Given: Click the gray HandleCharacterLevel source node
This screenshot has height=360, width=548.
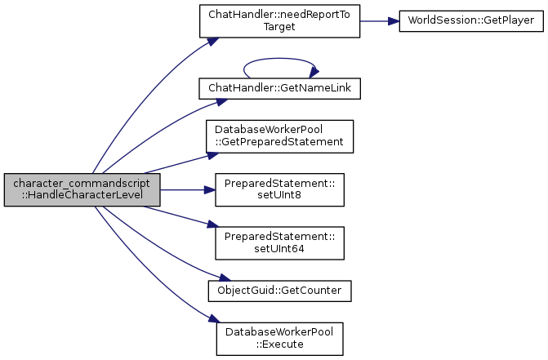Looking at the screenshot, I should click(82, 189).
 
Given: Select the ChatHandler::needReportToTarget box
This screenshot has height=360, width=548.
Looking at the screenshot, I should click(279, 20).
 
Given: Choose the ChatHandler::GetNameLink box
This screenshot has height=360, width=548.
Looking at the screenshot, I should click(279, 87).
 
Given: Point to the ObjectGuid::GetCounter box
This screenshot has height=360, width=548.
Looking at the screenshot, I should click(279, 290).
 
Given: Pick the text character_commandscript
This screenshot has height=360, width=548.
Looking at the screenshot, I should click(82, 184).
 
